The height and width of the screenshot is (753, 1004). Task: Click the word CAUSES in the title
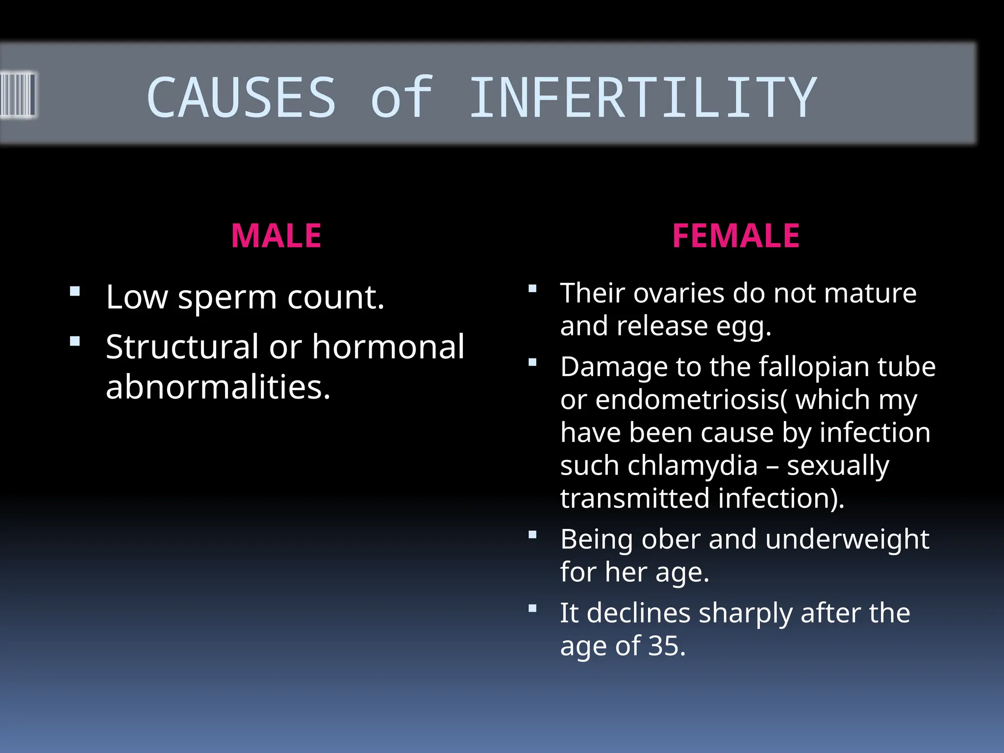(x=241, y=98)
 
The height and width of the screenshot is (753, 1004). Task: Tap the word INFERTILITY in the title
(x=643, y=98)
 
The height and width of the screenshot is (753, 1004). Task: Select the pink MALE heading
(x=276, y=236)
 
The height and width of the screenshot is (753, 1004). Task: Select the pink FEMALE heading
(x=735, y=236)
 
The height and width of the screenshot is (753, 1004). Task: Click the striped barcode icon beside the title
(x=18, y=95)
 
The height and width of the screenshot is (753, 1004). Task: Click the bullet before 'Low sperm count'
(x=75, y=292)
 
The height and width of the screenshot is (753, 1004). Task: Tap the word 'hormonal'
(x=388, y=347)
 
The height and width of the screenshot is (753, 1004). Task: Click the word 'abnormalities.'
(x=218, y=387)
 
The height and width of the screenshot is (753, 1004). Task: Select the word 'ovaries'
(x=678, y=294)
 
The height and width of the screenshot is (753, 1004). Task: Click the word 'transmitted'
(x=635, y=498)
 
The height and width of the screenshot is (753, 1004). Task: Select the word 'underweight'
(x=847, y=539)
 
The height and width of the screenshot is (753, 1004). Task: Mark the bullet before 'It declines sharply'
(x=532, y=608)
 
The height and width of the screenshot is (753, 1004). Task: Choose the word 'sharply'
(x=745, y=614)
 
